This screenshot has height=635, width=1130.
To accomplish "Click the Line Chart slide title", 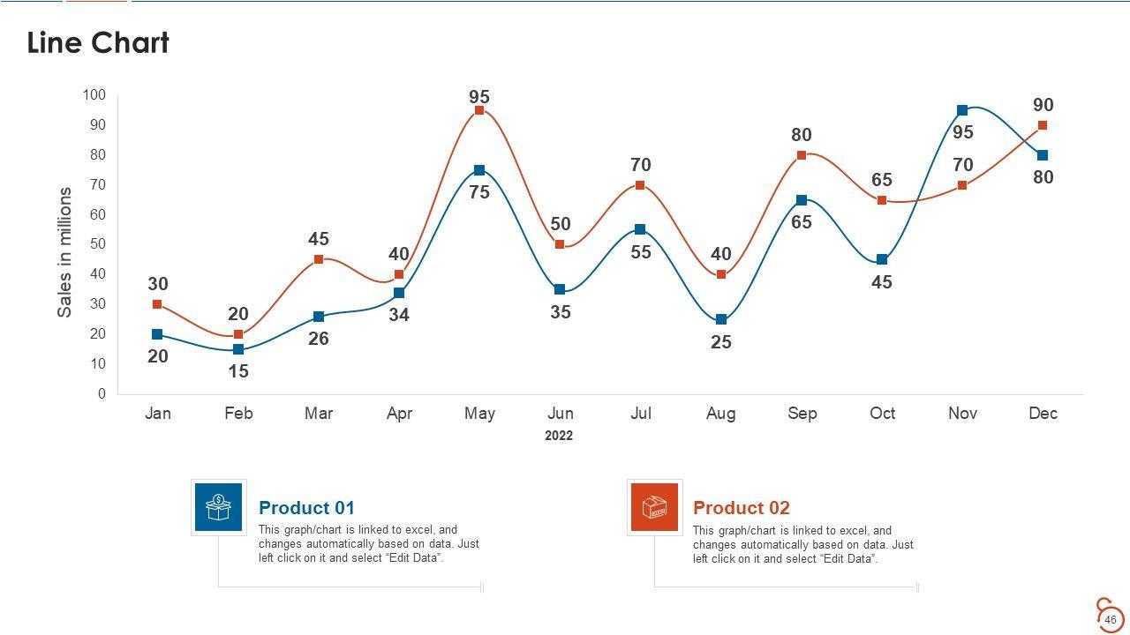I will coord(98,42).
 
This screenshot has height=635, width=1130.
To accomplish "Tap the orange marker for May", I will coord(479,110).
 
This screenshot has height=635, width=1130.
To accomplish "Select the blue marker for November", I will coord(962,110).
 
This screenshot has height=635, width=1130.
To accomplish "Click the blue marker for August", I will coord(721,319).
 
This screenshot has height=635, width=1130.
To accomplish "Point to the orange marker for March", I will coord(319,259).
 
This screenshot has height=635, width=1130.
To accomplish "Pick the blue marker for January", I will coord(157,334).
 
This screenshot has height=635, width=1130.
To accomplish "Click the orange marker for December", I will coord(1043,125).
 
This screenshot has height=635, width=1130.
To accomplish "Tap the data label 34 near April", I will coord(399,315).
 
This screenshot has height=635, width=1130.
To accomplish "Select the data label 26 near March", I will coord(319,339).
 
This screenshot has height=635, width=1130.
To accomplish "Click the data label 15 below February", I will coord(238,371).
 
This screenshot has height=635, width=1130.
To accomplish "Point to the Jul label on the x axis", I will coord(641,414).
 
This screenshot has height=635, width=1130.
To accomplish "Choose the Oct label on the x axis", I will coord(882,414).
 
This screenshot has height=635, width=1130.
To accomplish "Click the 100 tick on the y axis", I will coord(94,95).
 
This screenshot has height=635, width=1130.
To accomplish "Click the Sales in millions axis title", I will coord(64,252).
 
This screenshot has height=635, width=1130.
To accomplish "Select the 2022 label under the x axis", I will coord(559,436).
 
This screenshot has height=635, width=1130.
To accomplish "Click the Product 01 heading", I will coord(306,508).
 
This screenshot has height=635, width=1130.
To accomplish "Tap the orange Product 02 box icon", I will coord(654,507).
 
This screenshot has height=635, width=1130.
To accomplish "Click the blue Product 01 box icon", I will coord(218,507).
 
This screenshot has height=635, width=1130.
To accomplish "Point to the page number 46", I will coord(1111,620).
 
